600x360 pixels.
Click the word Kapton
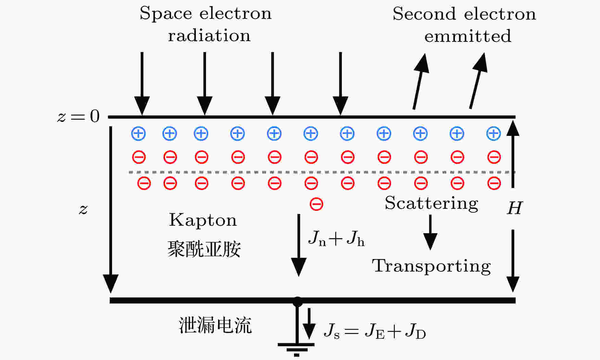coord(203,220)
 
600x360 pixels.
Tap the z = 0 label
coord(78,116)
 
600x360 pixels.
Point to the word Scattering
coord(431,203)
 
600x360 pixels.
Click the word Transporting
coord(431,266)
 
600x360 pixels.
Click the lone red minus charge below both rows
coord(317,204)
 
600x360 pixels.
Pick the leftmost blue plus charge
coord(138,134)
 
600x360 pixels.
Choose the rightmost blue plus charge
coord(494,134)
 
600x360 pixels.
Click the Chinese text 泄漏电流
coord(215,325)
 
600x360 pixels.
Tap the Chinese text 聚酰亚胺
coord(204,249)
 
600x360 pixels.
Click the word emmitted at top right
coord(468,36)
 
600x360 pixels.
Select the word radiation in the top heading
coord(209,35)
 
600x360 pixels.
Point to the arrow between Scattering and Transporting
coord(430,232)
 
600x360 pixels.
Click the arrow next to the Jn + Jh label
coord(299,245)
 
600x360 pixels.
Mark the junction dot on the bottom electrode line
coord(297,301)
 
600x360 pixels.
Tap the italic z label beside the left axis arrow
coord(83,209)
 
